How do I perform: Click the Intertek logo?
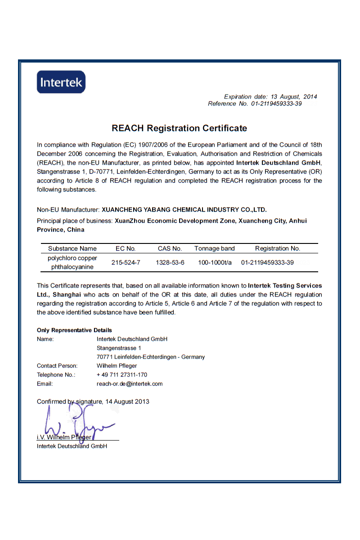tap(61, 82)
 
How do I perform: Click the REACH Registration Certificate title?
tap(179, 128)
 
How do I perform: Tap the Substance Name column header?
tap(72, 248)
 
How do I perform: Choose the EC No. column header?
tap(126, 248)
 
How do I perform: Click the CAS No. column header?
tap(170, 248)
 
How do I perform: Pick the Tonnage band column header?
tap(215, 248)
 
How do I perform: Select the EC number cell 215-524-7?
tap(126, 262)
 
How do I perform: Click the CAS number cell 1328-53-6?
tap(170, 262)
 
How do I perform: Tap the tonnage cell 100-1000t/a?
tap(215, 262)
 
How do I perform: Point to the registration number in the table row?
tap(267, 262)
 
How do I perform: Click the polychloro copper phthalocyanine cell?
tap(72, 262)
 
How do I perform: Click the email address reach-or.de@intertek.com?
tap(130, 384)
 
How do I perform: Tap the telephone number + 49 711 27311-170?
tap(122, 375)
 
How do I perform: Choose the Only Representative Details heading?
tap(74, 330)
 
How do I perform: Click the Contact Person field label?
tap(57, 366)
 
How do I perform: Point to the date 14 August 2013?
tap(127, 401)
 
